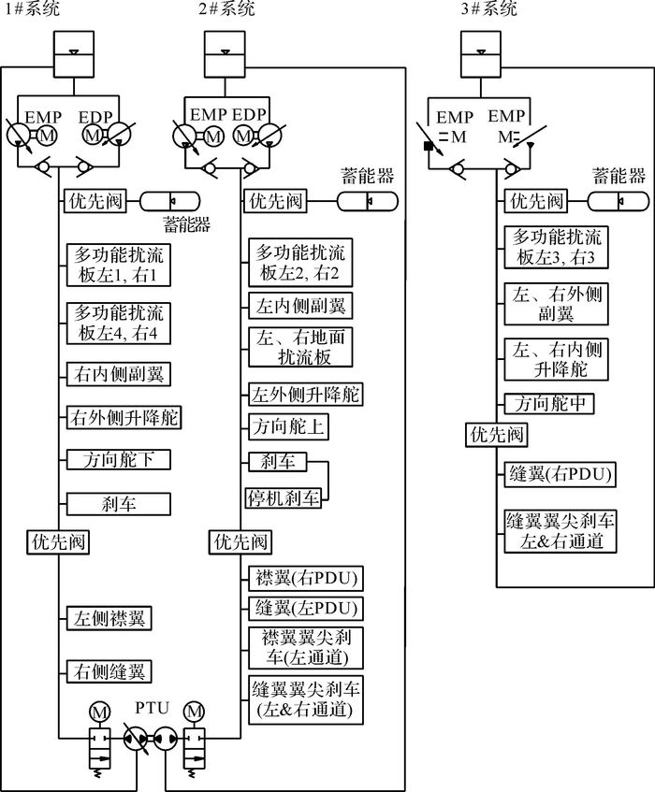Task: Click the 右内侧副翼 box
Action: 118,374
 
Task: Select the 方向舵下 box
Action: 118,460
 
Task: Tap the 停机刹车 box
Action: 284,498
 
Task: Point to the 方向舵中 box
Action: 549,404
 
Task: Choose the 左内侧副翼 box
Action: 300,305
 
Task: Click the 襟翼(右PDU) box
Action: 306,579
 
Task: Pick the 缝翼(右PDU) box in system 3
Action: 560,474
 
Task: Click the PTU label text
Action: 152,708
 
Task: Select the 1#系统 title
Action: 31,8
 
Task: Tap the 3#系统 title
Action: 489,8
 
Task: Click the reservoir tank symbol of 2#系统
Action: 225,53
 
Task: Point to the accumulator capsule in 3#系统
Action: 618,202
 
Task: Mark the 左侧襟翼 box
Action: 109,619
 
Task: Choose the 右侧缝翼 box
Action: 109,671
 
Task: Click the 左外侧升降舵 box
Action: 306,395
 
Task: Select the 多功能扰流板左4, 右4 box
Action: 118,324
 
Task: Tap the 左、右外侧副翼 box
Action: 556,304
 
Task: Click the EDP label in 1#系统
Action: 95,117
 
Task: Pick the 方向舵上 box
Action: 288,426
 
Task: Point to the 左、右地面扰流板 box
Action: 300,347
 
